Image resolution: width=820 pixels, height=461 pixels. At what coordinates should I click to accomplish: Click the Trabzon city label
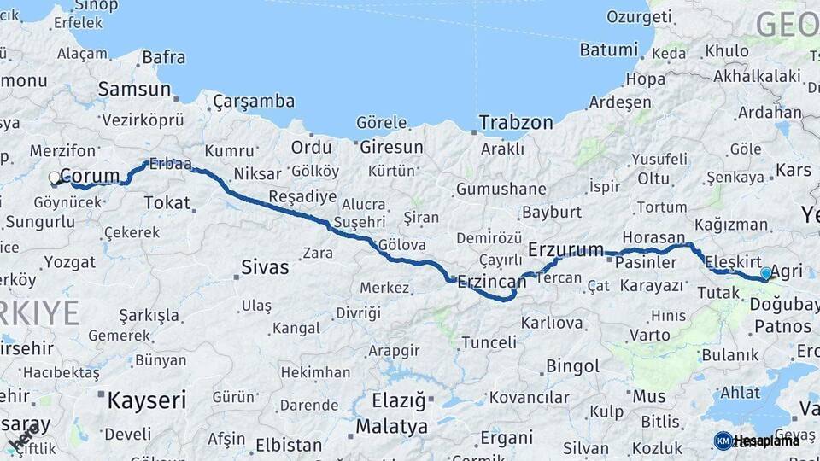[x=516, y=122]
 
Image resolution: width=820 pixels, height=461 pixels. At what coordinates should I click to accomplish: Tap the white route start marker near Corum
[x=55, y=178]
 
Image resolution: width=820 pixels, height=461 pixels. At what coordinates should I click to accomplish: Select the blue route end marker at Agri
[x=766, y=273]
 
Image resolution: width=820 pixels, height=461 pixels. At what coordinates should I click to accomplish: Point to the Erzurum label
[x=565, y=250]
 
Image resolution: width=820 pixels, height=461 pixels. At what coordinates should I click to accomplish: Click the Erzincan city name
[x=491, y=280]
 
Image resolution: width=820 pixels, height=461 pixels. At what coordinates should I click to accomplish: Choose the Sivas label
[x=265, y=267]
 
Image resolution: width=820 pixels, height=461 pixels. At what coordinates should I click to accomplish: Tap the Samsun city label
[x=135, y=89]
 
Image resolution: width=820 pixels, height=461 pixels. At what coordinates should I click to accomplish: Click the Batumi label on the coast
[x=608, y=50]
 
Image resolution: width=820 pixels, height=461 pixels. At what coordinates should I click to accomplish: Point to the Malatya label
[x=391, y=426]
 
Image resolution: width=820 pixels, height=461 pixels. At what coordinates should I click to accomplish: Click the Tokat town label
[x=167, y=202]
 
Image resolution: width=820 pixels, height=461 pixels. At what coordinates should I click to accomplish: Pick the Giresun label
[x=391, y=147]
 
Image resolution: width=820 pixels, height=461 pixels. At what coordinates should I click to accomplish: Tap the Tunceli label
[x=489, y=342]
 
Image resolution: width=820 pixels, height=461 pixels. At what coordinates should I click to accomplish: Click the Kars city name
[x=793, y=169]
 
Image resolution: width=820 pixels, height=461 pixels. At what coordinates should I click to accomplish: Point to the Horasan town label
[x=653, y=237]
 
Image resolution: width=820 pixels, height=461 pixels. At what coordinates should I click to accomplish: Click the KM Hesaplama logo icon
[x=723, y=441]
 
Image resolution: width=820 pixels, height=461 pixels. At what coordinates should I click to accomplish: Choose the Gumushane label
[x=501, y=189]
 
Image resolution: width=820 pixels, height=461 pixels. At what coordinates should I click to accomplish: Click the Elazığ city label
[x=398, y=400]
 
